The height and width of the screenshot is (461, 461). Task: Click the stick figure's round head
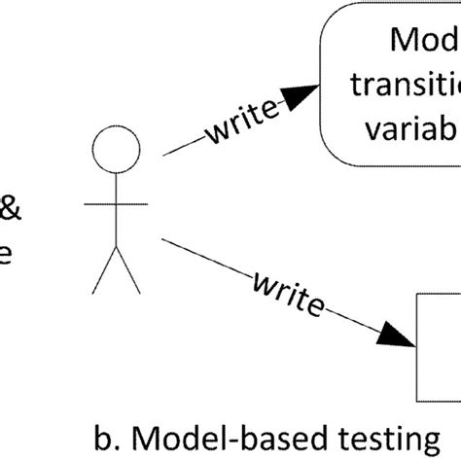point(116,153)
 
